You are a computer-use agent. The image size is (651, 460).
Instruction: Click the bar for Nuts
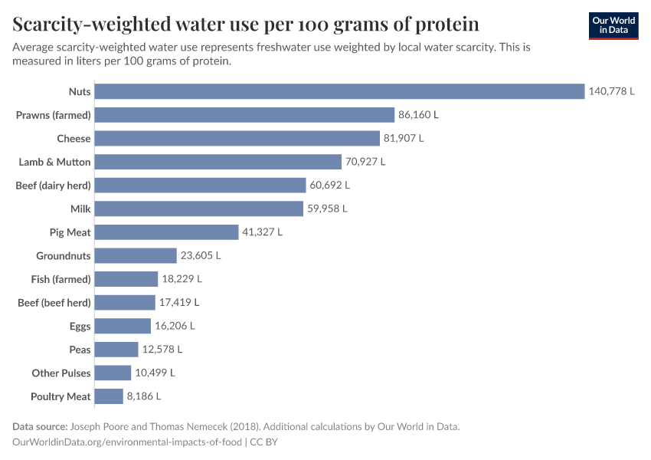coord(341,91)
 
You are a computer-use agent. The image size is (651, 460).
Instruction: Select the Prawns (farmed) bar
coord(246,115)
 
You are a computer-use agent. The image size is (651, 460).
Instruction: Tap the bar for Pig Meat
coord(168,232)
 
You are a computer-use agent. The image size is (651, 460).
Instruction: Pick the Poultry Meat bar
coord(110,396)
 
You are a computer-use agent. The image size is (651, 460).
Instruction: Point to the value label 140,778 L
coord(611,91)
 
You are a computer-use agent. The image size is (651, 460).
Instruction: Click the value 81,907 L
coord(403,139)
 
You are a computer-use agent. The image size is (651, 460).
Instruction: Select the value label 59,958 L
coord(327,209)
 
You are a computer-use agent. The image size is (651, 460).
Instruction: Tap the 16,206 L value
coord(175,326)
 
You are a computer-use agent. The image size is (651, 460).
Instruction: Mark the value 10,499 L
coord(155,373)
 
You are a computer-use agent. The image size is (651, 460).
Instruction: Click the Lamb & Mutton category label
coord(54,162)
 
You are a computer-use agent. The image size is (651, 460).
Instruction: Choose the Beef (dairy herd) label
coord(53,186)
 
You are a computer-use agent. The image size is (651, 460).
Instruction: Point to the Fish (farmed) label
coord(61,279)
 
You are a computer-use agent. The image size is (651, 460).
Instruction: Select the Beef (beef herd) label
coord(54,303)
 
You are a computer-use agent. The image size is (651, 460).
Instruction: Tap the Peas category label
coord(80,350)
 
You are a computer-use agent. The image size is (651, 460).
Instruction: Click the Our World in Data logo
coord(613,25)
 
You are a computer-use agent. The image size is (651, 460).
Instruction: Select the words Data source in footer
coord(39,427)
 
